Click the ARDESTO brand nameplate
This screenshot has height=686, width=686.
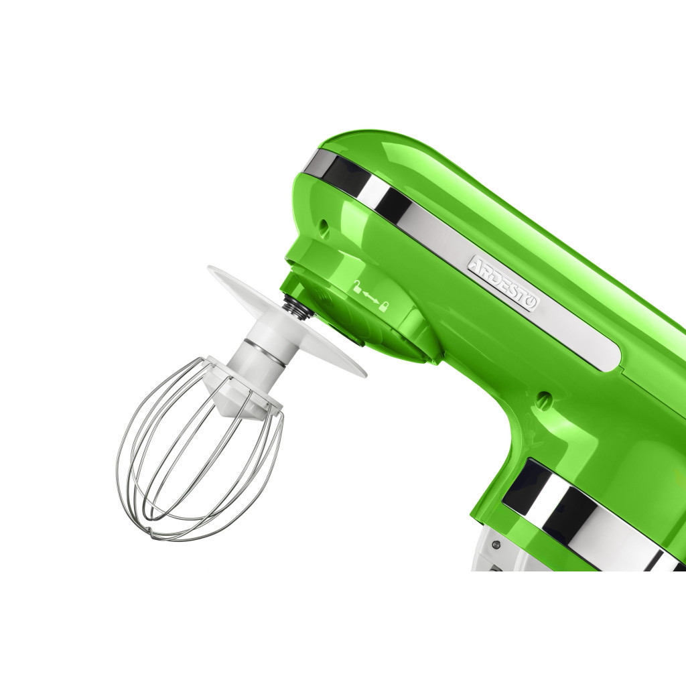click(503, 283)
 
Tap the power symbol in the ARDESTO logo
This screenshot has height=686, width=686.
click(531, 303)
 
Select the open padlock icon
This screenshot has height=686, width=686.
click(358, 287)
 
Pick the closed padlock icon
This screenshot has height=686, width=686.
click(383, 307)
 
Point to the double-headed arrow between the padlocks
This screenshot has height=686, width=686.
click(370, 297)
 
